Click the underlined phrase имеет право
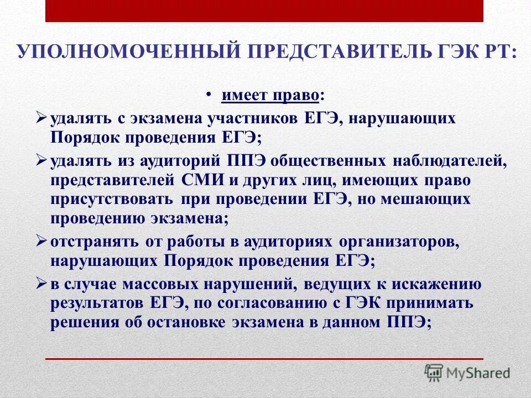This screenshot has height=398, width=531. tap(270, 96)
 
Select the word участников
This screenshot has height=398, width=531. tap(259, 119)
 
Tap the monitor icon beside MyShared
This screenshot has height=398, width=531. tap(434, 372)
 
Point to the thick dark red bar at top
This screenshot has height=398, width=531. tap(264, 11)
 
